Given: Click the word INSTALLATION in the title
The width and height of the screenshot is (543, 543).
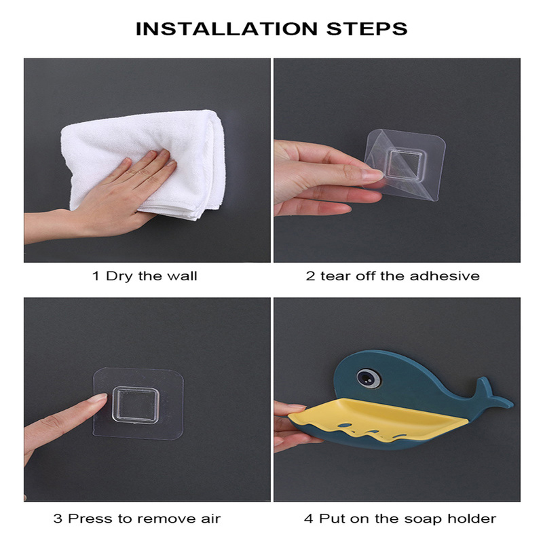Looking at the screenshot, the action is pos(227,29).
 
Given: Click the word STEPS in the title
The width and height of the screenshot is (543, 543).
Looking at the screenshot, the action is pos(367,29).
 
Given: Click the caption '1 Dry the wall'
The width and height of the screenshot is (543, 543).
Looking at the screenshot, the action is pos(145,276).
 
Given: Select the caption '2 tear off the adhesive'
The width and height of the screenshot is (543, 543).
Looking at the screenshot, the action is pos(393,276).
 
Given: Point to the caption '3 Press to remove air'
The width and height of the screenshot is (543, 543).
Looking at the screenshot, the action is pos(137,519).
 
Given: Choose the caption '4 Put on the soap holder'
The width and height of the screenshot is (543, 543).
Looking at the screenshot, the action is pos(400,519).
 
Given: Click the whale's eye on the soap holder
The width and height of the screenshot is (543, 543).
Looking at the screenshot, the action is pos(368,377).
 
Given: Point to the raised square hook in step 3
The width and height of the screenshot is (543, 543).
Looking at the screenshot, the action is pos(135,405).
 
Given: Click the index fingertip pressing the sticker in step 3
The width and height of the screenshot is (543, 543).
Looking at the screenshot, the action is pos(101,398).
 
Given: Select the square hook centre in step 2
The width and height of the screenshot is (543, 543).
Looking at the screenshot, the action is pos(404,164).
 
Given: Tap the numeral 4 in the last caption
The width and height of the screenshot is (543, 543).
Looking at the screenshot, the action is pos(309,519).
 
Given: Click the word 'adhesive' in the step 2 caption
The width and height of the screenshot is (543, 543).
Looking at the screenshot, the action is pos(445,276).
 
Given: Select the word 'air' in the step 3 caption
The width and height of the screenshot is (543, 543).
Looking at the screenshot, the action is pos(210,519).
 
